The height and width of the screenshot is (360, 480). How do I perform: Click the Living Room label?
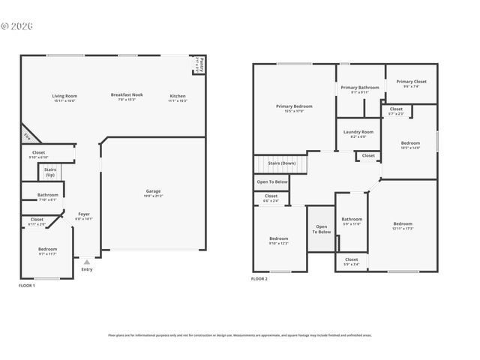64,96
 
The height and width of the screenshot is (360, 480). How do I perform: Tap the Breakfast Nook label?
127,95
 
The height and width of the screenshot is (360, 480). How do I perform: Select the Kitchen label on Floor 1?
178,96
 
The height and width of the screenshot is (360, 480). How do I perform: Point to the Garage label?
153,191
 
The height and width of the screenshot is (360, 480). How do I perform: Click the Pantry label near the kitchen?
201,63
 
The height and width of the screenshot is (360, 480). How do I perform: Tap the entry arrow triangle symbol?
87,262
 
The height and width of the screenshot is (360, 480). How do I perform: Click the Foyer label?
84,214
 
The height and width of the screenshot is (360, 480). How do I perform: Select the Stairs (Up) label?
50,170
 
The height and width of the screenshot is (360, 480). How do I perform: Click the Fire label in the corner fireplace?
27,136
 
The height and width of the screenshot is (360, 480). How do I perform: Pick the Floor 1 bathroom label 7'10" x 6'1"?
48,195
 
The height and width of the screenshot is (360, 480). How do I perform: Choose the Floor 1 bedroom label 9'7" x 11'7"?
48,249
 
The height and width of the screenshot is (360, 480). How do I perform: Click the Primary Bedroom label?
294,106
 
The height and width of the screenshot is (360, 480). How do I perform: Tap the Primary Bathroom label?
360,88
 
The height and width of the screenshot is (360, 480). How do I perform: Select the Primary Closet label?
411,82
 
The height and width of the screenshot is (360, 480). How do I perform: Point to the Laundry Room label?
358,132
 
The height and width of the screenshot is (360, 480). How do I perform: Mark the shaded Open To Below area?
321,229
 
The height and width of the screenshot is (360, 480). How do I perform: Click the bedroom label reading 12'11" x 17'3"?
403,223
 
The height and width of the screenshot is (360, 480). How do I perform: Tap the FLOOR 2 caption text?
259,279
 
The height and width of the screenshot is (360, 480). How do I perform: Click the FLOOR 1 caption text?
27,286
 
